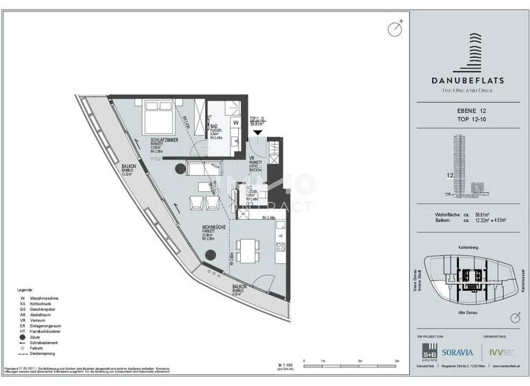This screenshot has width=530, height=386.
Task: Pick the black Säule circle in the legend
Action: pyautogui.click(x=23, y=336)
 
